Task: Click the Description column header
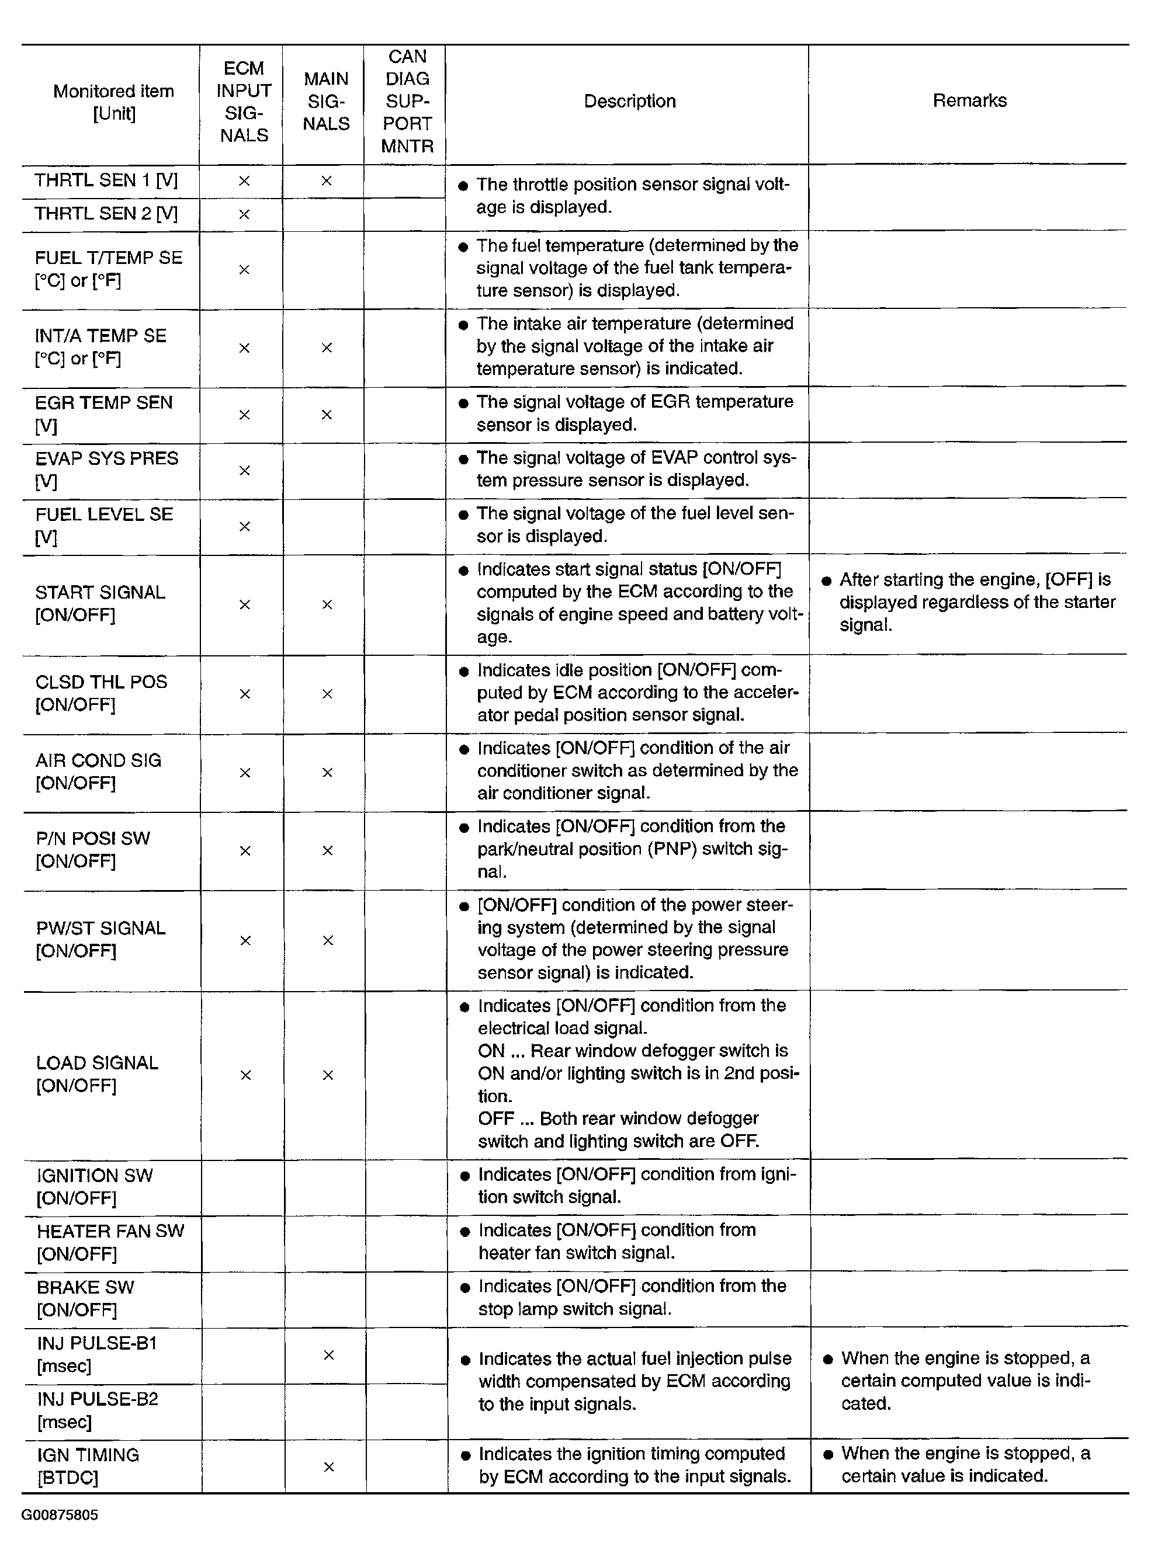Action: tap(629, 102)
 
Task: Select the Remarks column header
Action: tap(969, 101)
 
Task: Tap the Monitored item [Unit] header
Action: tap(113, 102)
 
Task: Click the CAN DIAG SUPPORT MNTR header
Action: tap(407, 102)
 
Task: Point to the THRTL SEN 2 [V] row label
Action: tap(106, 214)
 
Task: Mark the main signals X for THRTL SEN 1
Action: tap(326, 181)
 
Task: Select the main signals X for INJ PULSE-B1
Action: tap(328, 1354)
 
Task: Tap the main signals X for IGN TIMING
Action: tap(328, 1466)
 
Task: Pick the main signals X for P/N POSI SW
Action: tap(327, 850)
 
